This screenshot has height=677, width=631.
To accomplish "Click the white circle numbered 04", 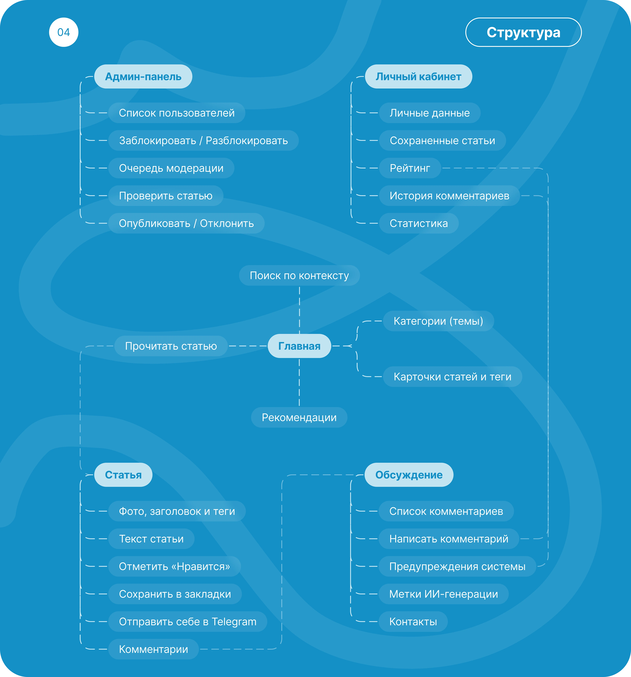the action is (x=64, y=32).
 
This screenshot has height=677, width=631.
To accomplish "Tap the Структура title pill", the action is (x=523, y=32).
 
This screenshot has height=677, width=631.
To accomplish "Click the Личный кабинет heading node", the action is (x=419, y=77).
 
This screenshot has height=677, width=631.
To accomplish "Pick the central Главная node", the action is (x=299, y=346).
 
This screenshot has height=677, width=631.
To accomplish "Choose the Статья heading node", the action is (x=123, y=475).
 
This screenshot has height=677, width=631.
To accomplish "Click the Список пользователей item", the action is (x=177, y=113).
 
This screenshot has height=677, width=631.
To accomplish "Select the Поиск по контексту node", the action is (x=299, y=276).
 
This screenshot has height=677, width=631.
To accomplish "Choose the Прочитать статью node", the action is (x=171, y=346).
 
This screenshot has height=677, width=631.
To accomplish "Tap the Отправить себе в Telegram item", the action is (x=188, y=621).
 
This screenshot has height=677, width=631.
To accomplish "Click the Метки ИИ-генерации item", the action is (x=444, y=594).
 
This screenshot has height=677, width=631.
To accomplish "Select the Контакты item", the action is (x=413, y=621).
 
